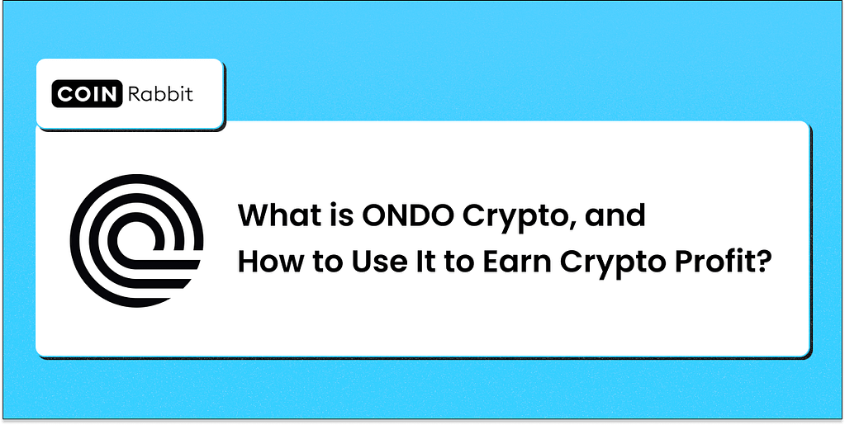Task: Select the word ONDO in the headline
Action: (408, 217)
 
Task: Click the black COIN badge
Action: (87, 94)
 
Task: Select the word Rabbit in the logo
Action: (159, 94)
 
